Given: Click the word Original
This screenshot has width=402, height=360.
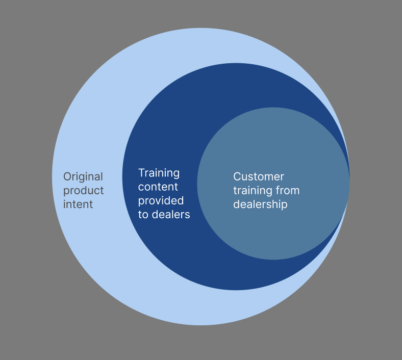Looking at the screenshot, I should coord(83,177).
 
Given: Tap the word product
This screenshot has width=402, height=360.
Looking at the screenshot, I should coord(83,191).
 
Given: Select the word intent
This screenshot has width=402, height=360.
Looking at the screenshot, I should coord(78,204).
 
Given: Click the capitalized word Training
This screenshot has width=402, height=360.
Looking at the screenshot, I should coord(159,173).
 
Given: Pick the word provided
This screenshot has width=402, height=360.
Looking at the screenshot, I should coord(161,201).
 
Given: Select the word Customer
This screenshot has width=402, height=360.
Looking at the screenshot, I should coord(259,177).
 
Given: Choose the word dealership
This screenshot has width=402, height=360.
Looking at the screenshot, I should coord(260,204).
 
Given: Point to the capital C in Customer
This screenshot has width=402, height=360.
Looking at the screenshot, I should coord(237,177).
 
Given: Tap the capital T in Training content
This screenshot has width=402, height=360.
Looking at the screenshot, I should coord(141,173).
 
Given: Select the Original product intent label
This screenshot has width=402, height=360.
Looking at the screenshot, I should coord(83,191).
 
